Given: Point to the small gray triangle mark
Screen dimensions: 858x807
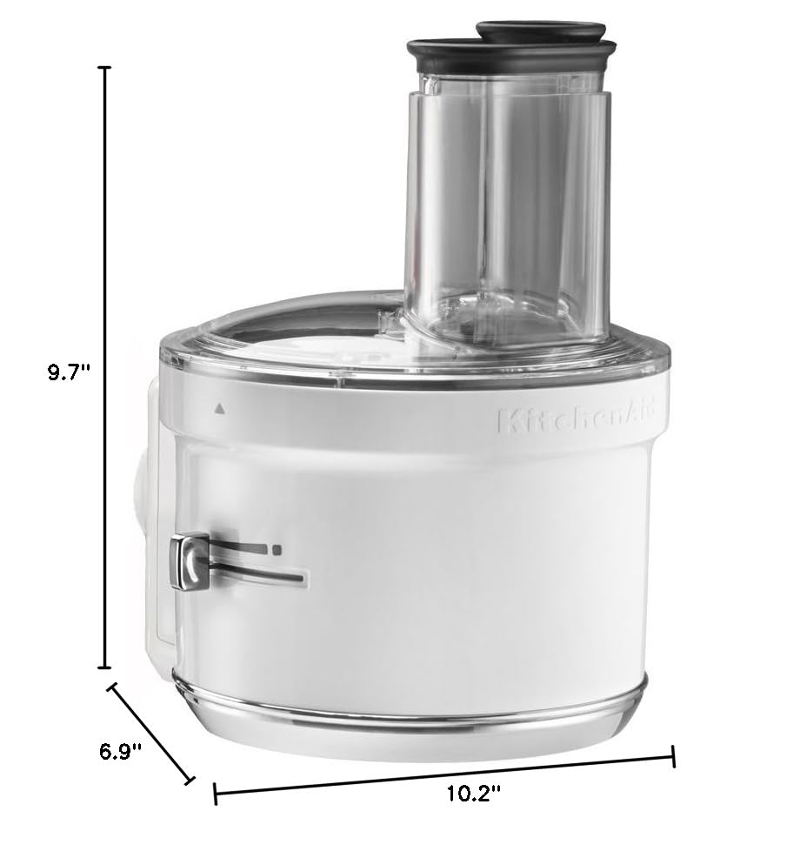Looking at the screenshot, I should coord(219,406).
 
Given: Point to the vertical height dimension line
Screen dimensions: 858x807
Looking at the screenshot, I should coord(106,365).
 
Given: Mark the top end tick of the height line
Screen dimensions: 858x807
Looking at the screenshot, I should coord(106,67).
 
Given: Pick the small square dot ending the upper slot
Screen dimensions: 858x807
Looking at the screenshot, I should coord(277,549).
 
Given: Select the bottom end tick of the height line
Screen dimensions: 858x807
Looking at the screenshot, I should coord(106,668).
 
